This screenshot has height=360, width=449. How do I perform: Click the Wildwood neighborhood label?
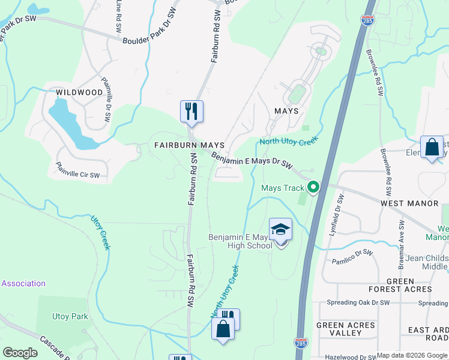point(79,92)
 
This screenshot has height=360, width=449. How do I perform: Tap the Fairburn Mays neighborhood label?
point(189,145)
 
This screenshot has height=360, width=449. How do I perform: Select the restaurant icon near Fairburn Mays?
point(191,112)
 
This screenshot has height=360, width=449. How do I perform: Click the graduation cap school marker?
point(280,230)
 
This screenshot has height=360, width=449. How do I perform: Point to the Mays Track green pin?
point(313,188)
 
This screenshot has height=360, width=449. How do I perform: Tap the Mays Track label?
point(283,188)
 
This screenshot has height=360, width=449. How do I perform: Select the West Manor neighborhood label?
point(409,204)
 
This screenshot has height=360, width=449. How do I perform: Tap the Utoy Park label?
point(70,316)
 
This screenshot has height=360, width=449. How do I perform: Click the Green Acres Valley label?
point(346,329)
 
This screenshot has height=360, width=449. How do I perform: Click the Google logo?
point(20,353)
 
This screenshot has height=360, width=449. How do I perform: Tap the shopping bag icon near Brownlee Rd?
point(432,147)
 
